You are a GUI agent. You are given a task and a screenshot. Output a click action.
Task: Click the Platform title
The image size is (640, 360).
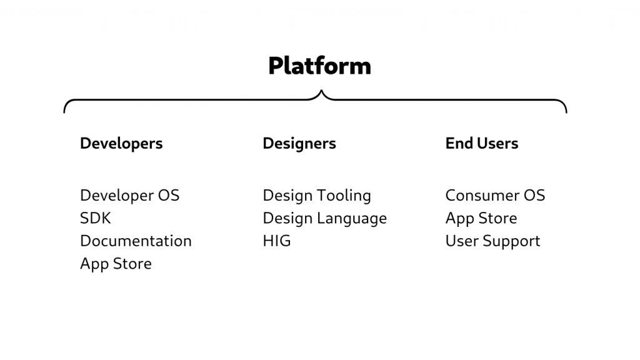[319, 66]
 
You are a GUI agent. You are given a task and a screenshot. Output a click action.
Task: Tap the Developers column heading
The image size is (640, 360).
[121, 144]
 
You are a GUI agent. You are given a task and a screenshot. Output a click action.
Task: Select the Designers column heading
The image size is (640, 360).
[299, 144]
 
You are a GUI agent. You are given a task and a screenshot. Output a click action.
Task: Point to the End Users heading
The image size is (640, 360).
[482, 143]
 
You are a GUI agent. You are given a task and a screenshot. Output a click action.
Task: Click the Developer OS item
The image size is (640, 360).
[130, 196]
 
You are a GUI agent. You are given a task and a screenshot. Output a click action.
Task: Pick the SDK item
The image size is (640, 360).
[96, 218]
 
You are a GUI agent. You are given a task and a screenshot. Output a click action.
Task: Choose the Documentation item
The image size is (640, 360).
[136, 241]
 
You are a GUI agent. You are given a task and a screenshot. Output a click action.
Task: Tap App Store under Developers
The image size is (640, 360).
[116, 264]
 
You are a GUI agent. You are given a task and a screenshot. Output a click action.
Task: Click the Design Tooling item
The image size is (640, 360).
[317, 196]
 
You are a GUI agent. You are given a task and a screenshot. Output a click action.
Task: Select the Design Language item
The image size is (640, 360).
[325, 219]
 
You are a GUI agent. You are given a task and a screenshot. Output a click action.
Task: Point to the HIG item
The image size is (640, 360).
[277, 241]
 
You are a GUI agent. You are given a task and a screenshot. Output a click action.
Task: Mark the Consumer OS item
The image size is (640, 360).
[495, 196]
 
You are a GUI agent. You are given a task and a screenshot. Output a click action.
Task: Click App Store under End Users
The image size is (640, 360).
[481, 218]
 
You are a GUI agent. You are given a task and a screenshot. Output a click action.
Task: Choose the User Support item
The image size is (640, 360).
[492, 241]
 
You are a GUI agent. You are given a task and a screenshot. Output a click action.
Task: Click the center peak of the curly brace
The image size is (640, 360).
[321, 91]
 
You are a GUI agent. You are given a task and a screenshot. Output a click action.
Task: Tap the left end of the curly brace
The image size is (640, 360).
[64, 112]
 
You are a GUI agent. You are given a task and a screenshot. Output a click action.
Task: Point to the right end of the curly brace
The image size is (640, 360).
[566, 112]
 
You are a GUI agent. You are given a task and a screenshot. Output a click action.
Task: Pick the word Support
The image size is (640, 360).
[511, 241]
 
